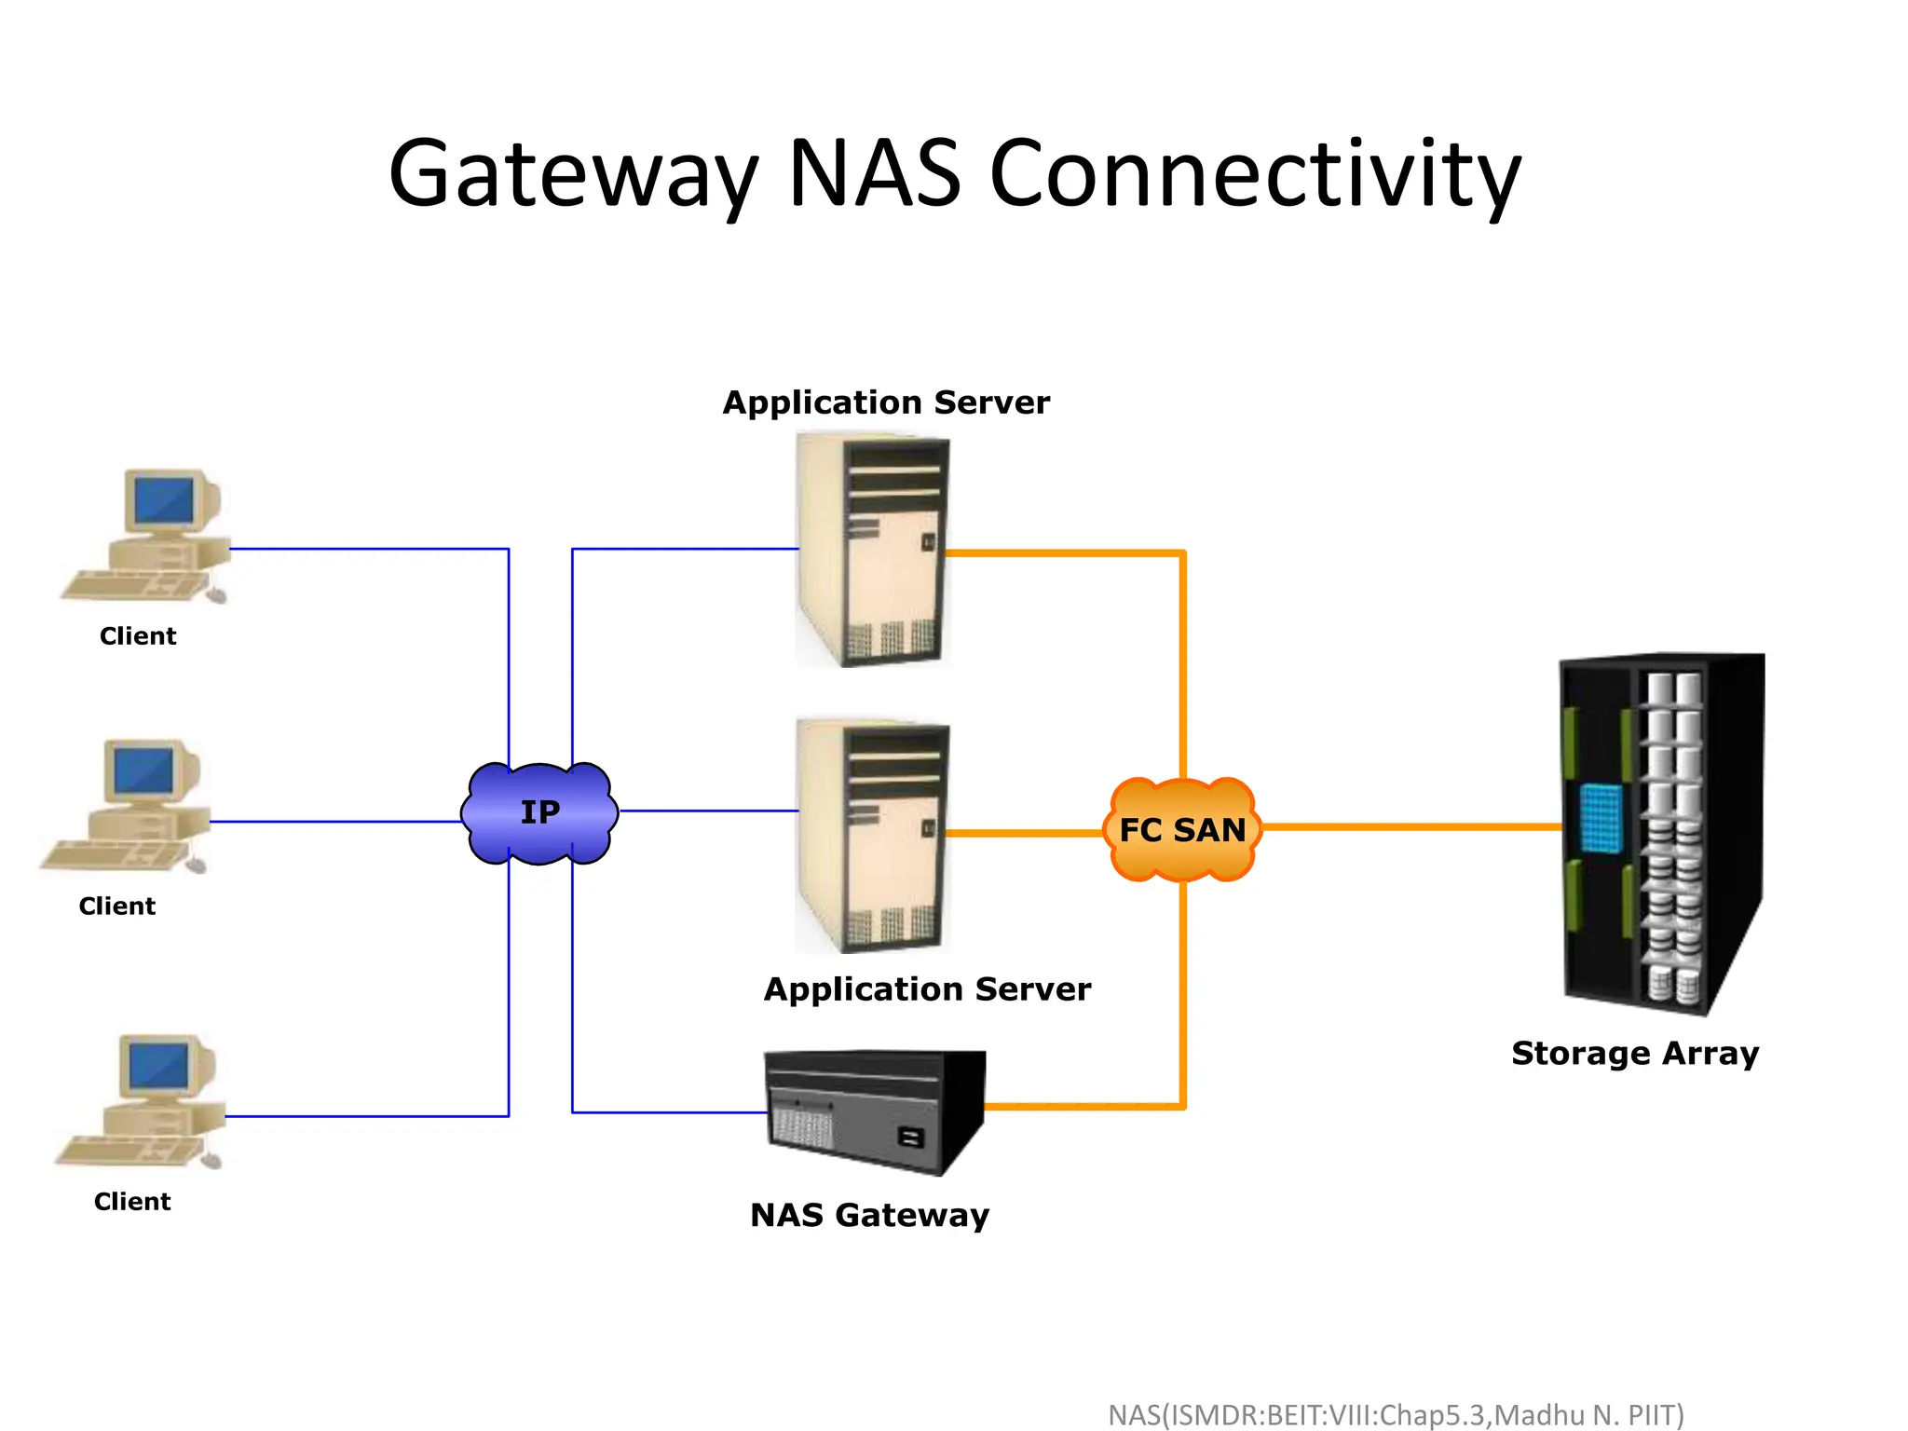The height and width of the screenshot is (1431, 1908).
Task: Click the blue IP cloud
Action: click(x=539, y=812)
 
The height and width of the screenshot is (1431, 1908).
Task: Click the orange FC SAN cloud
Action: click(x=1182, y=829)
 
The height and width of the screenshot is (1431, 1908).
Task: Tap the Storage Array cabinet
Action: click(x=1661, y=834)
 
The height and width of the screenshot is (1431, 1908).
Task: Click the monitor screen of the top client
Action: click(x=164, y=499)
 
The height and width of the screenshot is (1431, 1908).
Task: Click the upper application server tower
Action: click(x=872, y=550)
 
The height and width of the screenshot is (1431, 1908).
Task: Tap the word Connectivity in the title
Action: click(x=1254, y=174)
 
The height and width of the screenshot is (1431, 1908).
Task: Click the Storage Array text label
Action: click(x=1635, y=1053)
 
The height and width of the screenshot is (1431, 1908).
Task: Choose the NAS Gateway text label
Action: click(x=869, y=1215)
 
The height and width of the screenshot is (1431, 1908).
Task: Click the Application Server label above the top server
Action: click(x=886, y=402)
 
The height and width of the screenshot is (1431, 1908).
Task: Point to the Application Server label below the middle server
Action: click(x=927, y=988)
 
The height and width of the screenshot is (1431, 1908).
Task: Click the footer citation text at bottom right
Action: click(x=1395, y=1414)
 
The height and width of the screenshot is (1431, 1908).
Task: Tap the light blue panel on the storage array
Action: click(x=1601, y=817)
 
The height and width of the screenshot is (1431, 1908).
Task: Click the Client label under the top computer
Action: click(x=138, y=636)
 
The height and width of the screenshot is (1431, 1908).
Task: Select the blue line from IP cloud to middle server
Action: click(x=708, y=811)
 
